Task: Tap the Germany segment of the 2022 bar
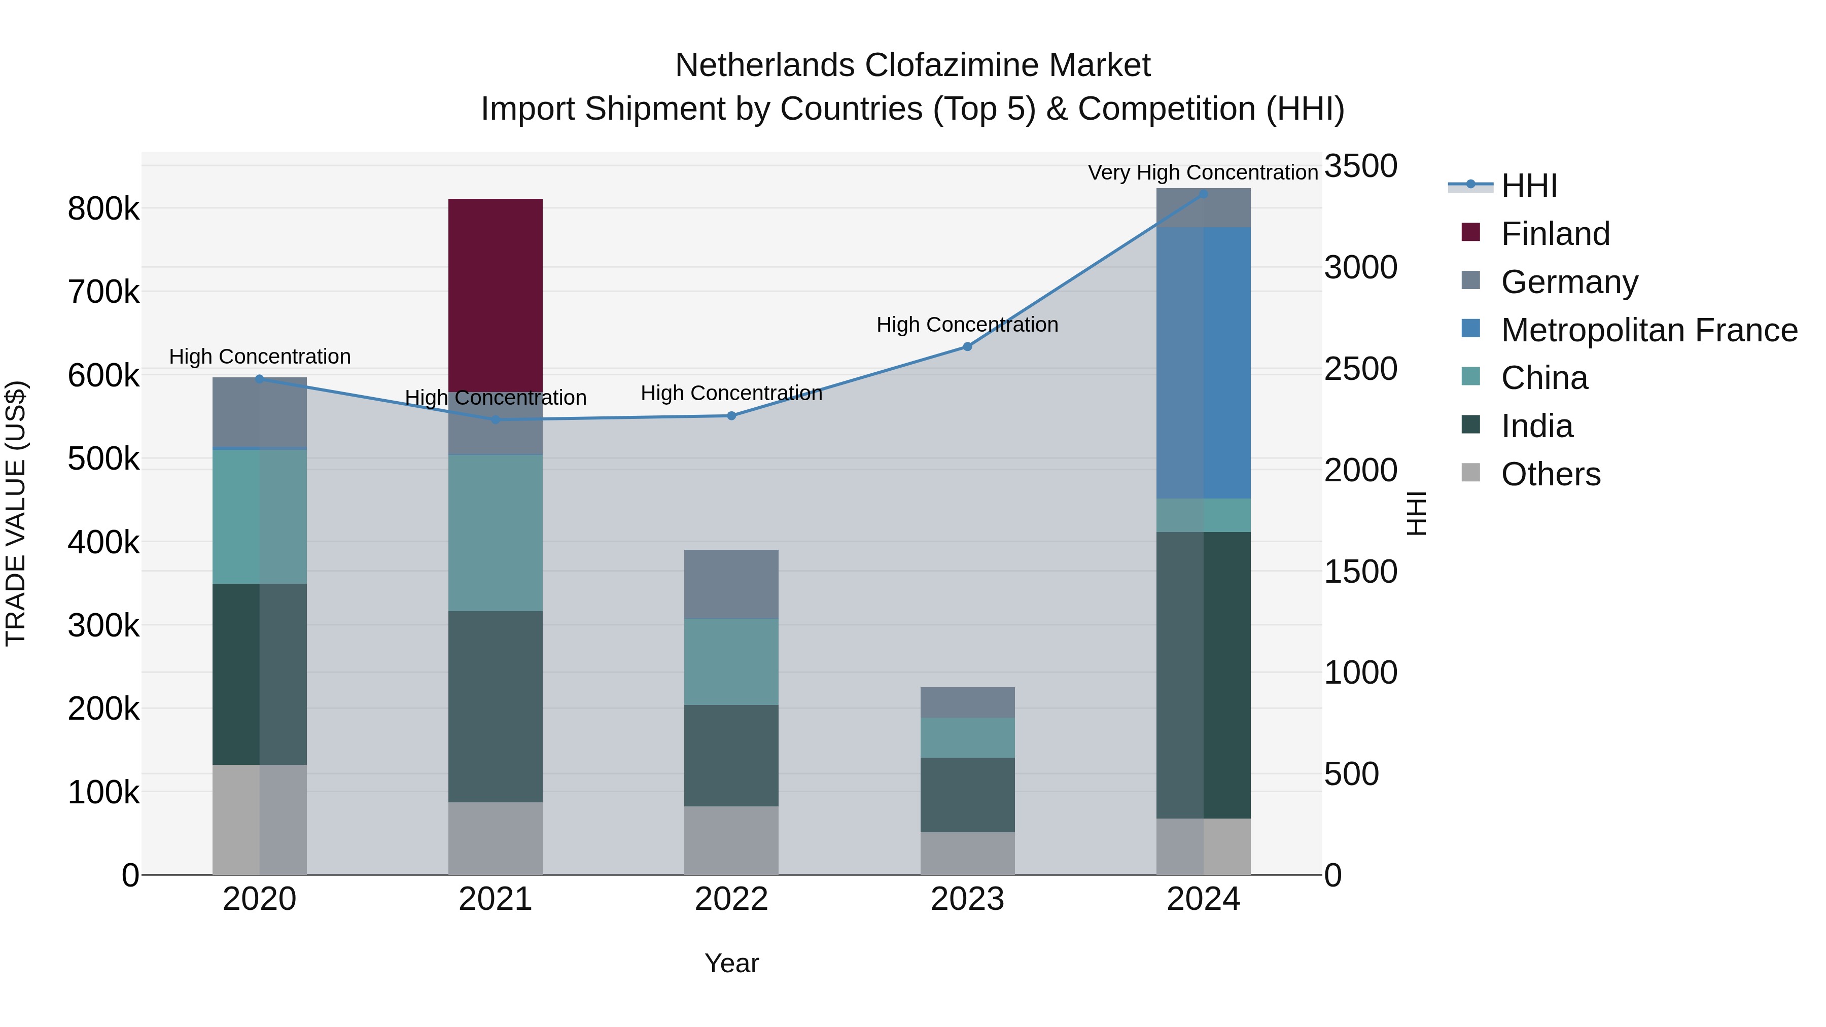tap(731, 584)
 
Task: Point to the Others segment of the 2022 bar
tap(731, 840)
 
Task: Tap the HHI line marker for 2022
tap(731, 416)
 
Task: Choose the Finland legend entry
tap(1555, 234)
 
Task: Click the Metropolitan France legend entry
tap(1649, 330)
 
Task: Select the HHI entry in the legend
tap(1528, 186)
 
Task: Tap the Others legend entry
tap(1550, 474)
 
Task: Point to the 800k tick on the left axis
tap(103, 209)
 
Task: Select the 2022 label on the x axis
tap(731, 899)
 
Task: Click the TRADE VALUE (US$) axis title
tap(16, 513)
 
